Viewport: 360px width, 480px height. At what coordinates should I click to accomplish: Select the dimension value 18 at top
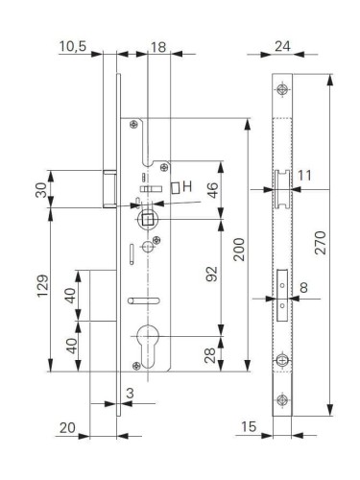159,45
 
